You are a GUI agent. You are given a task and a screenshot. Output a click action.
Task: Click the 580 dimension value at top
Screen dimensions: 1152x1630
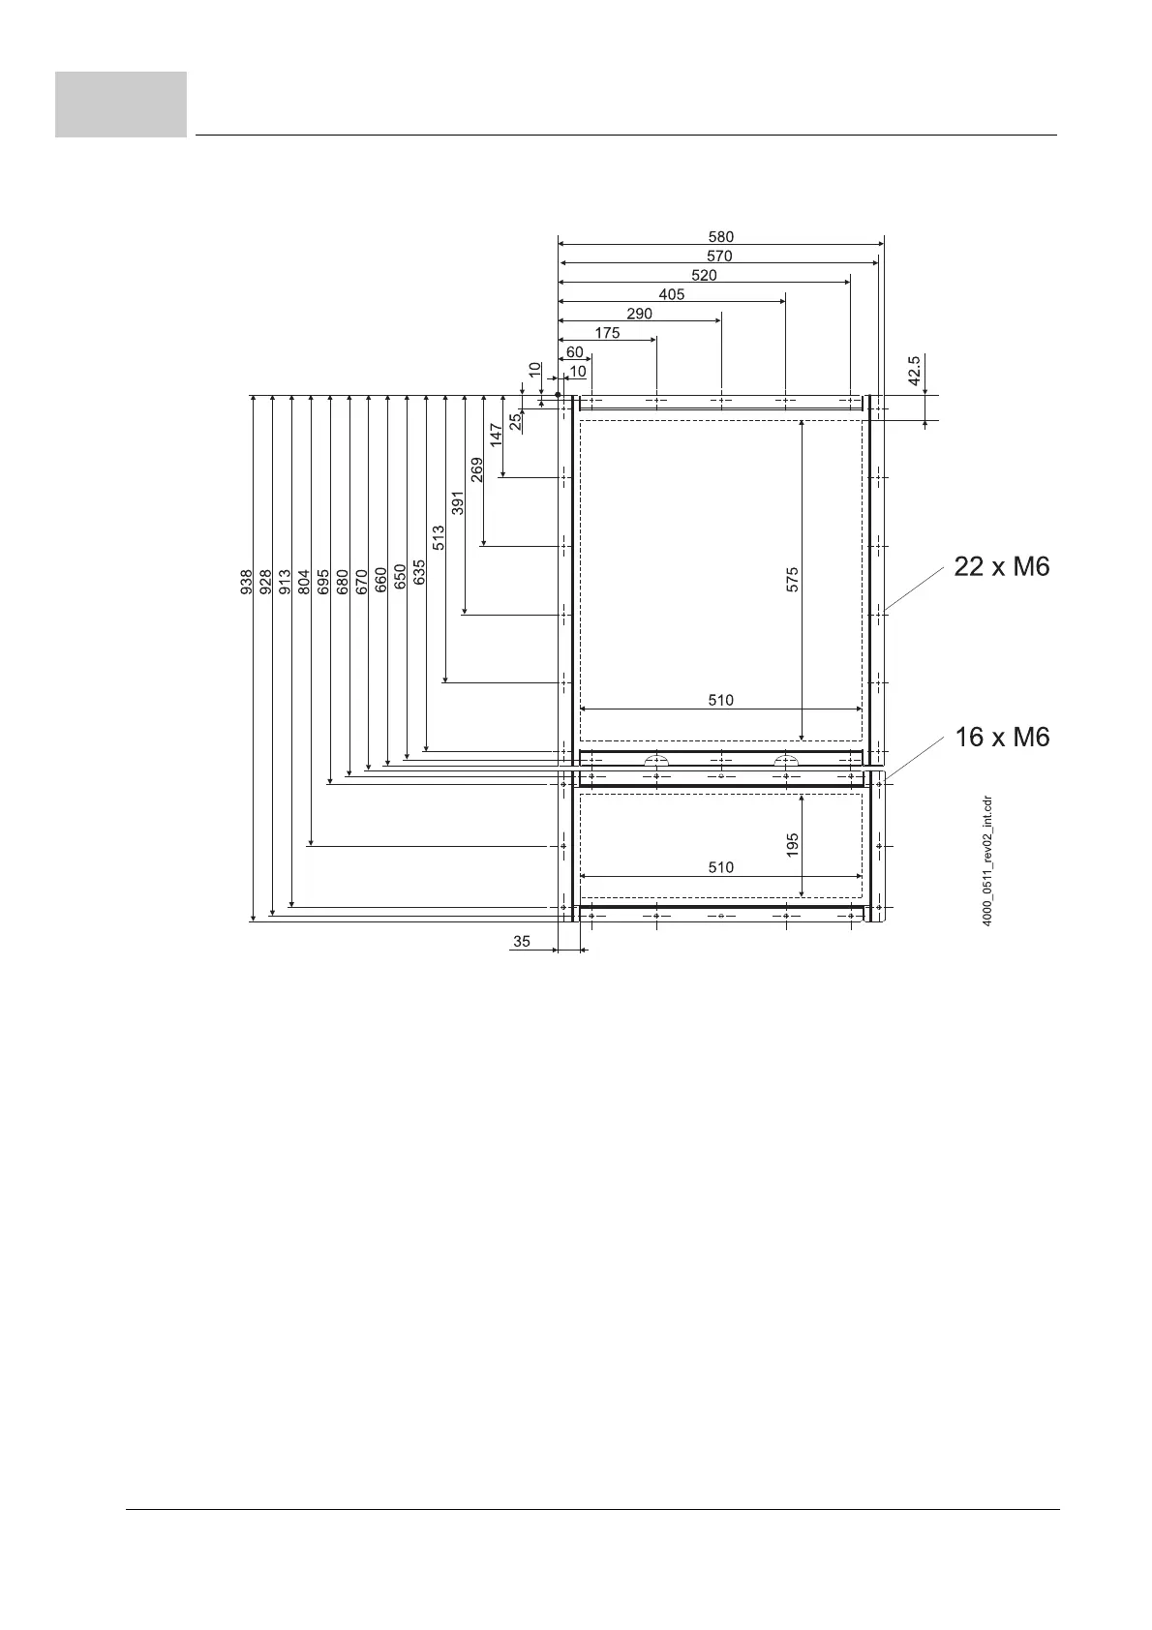click(720, 236)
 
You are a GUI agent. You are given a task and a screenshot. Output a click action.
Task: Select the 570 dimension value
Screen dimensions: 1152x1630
click(719, 257)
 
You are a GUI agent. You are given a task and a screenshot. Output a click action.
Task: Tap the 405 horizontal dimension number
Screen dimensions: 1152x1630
click(671, 294)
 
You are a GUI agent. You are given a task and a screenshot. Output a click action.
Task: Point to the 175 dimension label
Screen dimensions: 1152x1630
click(607, 333)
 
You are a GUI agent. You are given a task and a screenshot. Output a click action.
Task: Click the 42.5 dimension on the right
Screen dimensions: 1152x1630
click(916, 370)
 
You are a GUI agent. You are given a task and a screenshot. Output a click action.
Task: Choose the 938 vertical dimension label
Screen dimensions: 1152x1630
click(246, 581)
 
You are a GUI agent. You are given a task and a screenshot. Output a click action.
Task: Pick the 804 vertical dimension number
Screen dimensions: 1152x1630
click(304, 581)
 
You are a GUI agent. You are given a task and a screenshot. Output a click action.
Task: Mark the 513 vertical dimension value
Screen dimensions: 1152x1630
click(439, 538)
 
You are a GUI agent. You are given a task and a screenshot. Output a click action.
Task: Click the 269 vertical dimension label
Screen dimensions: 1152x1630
click(477, 470)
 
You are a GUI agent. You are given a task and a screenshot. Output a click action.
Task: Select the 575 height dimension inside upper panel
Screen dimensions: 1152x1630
click(792, 580)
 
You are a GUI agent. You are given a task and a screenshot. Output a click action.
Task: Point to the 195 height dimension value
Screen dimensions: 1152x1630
click(792, 845)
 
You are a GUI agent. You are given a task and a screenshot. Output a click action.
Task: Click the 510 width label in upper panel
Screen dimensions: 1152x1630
click(720, 700)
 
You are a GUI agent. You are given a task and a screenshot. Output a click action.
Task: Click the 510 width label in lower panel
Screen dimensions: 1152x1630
click(720, 867)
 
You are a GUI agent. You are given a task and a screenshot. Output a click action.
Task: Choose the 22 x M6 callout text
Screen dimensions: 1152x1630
click(1001, 567)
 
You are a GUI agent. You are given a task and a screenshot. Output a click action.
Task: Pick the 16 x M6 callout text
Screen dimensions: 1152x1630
click(1001, 738)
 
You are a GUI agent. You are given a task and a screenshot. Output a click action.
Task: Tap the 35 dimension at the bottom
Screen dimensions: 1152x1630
click(522, 941)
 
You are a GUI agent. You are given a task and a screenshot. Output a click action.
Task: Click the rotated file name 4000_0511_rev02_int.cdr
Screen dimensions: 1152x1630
click(986, 860)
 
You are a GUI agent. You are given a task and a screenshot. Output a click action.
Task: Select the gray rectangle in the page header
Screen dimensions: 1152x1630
click(121, 105)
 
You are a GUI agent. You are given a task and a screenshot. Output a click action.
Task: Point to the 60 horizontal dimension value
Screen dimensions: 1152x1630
click(575, 352)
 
